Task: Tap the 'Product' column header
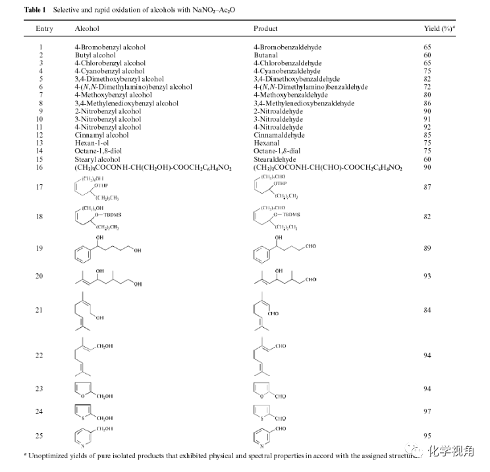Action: tap(265, 29)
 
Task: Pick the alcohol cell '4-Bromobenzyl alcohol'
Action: tap(110, 47)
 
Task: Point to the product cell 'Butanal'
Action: tap(266, 55)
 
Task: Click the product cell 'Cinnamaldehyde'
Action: tap(279, 135)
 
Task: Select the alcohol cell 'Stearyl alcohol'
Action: tap(100, 159)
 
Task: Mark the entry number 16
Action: tap(41, 167)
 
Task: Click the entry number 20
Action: tap(41, 276)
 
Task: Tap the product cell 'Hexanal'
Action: tap(267, 143)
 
